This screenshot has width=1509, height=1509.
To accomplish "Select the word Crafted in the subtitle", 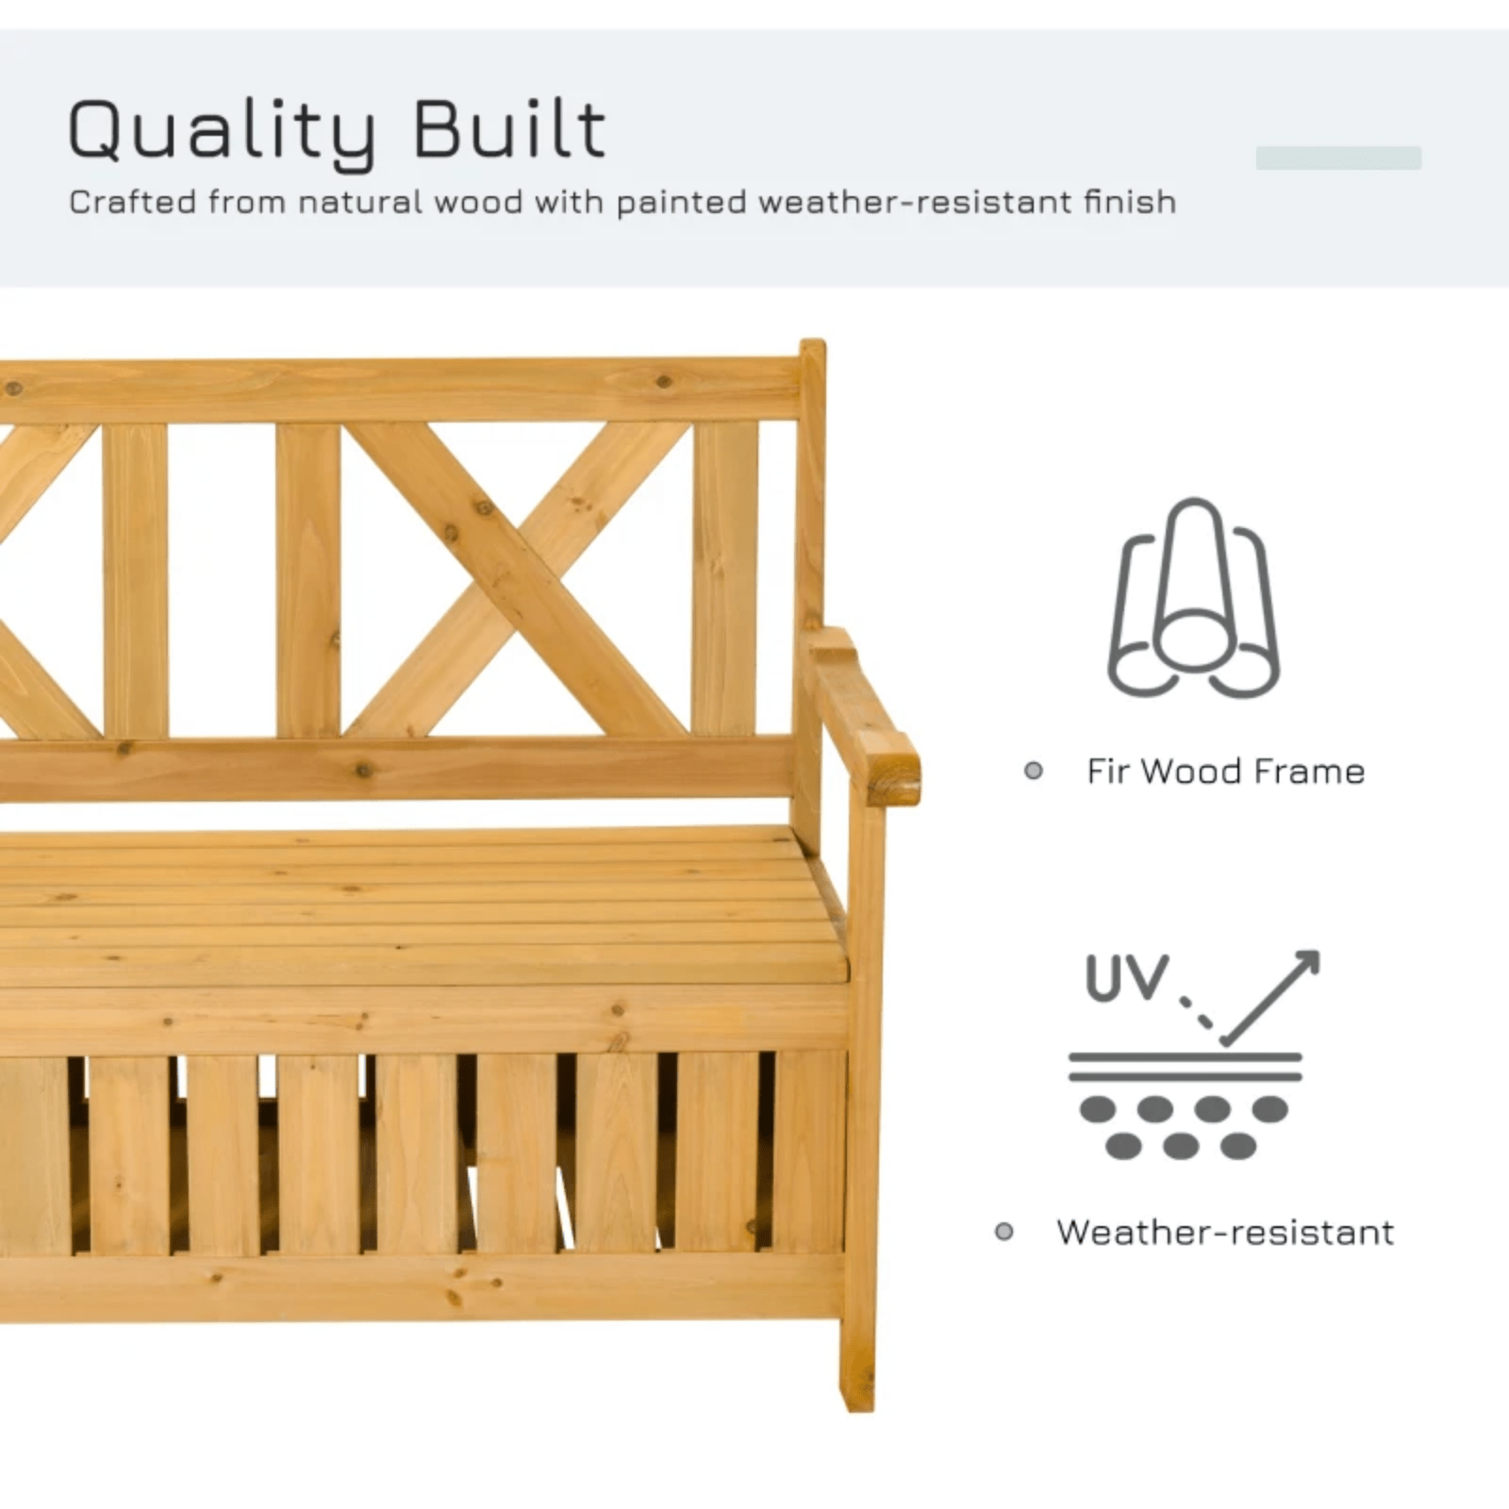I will (132, 202).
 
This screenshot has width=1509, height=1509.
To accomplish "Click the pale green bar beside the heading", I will (1337, 158).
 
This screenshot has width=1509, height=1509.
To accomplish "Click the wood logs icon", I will (1193, 599).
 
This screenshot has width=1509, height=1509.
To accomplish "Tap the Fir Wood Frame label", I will (1225, 771).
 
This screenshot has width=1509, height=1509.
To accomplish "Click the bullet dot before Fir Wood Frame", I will (1034, 771).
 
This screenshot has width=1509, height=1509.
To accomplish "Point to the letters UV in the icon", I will (1126, 977).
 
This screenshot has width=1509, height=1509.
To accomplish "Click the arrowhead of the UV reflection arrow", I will (1307, 963).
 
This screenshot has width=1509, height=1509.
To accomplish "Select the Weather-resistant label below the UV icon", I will (1224, 1232).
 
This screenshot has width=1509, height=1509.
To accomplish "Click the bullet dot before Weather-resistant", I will (1003, 1232).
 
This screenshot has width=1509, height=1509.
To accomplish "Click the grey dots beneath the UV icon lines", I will (1183, 1127).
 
